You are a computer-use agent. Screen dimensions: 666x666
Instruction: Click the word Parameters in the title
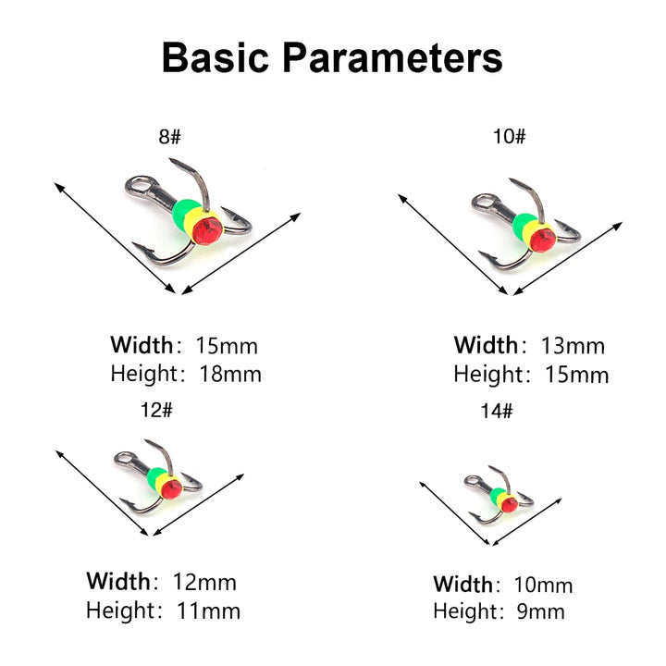[393, 56]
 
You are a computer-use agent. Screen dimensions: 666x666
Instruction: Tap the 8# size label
[170, 137]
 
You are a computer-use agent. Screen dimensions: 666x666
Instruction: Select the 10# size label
[510, 137]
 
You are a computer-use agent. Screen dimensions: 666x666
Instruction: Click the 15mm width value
[227, 346]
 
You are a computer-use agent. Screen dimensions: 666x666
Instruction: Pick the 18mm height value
[230, 375]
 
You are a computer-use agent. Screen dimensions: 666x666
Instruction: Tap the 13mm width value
[573, 346]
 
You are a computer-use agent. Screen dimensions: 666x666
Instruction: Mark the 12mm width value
[204, 582]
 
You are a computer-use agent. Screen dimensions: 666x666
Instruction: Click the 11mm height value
[208, 610]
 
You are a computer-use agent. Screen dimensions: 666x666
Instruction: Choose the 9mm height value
[536, 610]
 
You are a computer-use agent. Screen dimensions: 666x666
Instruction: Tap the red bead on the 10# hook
[543, 239]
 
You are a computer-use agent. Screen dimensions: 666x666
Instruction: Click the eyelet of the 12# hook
[125, 459]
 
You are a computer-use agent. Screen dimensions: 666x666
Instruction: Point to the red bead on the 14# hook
[509, 504]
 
